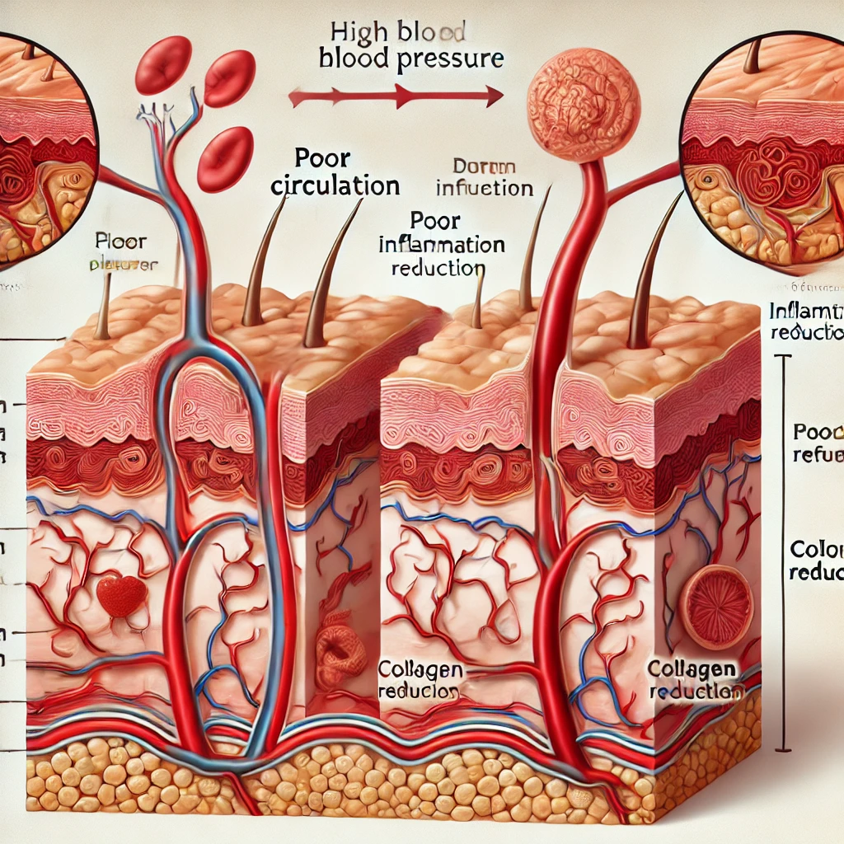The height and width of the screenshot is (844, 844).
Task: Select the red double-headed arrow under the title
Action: (396, 97)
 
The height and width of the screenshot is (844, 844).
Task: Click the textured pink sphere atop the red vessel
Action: (584, 104)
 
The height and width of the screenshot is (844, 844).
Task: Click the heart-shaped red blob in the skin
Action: (121, 595)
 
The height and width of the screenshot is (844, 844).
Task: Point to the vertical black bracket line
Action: (790, 552)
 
